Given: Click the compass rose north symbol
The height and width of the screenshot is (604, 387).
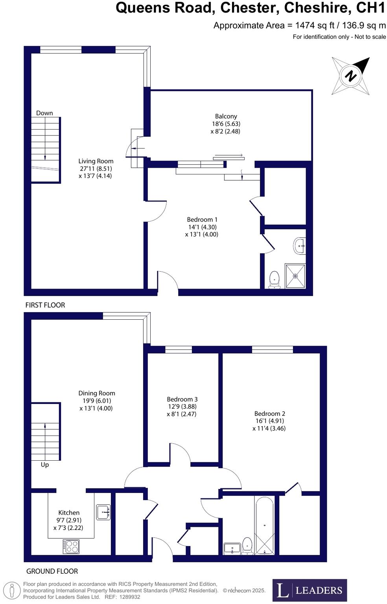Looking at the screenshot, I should coord(350,76).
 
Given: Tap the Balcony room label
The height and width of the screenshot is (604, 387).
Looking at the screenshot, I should coord(226,117).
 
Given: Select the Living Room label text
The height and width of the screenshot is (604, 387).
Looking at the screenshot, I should coord(96,161).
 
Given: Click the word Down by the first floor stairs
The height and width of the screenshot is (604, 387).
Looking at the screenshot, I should coord(44,113).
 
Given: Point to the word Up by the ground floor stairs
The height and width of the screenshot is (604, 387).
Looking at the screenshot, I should coord(45,465).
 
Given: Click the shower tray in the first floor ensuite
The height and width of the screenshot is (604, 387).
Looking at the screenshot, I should coord(295,276).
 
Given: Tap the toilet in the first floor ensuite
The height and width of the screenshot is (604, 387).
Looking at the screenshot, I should coord(274,279).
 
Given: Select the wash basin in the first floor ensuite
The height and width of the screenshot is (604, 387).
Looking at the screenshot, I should coord(300,246).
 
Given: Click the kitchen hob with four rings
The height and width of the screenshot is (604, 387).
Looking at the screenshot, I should coord(71,547).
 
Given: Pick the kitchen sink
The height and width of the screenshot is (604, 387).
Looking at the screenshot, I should coord(104,512).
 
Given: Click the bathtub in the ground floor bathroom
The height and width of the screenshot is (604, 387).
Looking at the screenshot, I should coord(264,526).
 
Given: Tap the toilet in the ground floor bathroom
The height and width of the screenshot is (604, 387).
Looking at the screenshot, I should coord(247,545).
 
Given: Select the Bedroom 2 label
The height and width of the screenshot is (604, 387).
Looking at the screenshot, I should coord(269,413).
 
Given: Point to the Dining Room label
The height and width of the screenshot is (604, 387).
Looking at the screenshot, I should coord(97,393).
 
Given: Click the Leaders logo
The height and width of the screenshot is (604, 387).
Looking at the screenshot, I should coord(310,590).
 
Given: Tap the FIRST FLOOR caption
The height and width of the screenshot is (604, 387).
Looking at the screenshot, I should coord(45,305).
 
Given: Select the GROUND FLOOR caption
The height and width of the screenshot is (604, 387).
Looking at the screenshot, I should coord(52,571).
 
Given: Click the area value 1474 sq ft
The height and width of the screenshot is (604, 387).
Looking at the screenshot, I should coord(315,26).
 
